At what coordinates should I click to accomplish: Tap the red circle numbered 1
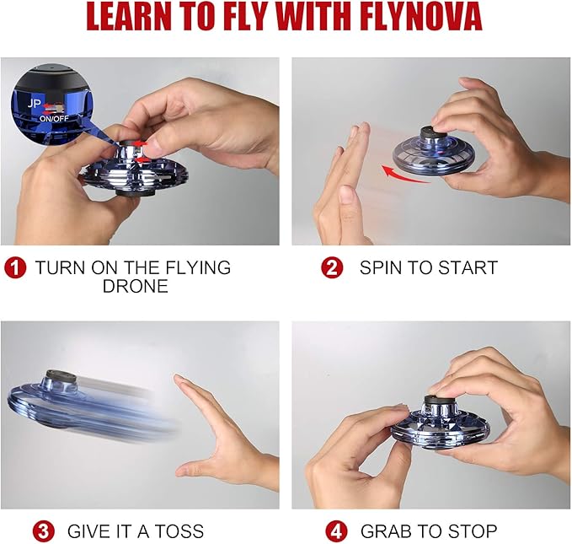[14, 268]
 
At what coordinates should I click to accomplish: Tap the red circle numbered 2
[332, 268]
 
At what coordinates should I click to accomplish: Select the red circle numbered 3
[45, 531]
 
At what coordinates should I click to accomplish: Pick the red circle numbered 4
[337, 531]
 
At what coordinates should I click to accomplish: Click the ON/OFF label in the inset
[54, 118]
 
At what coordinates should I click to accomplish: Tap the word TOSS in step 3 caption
[175, 531]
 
